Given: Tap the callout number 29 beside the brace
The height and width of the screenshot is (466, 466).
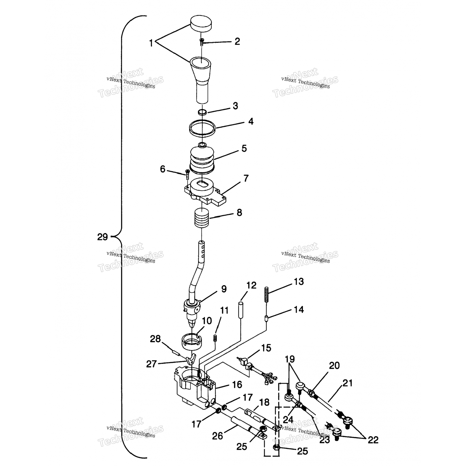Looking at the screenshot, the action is click(103, 237).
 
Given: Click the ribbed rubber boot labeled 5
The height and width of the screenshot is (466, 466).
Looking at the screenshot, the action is click(202, 158).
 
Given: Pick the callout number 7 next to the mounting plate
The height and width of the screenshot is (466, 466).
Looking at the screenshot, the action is click(246, 178).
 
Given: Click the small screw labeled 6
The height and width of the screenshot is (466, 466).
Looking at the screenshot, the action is click(187, 174).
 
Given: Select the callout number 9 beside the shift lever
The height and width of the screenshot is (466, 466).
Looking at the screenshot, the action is click(224, 289).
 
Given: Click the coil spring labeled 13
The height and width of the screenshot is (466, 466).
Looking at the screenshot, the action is click(267, 294).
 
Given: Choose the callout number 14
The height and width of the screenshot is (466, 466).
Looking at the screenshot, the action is click(299, 310).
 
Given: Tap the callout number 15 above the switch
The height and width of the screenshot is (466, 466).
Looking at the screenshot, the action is click(266, 348).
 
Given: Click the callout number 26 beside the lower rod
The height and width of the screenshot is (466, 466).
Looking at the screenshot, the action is click(217, 436).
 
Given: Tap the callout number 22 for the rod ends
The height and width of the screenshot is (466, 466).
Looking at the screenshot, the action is click(373, 440).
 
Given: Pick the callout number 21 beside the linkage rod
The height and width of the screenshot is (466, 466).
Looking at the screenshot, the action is click(348, 383).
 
